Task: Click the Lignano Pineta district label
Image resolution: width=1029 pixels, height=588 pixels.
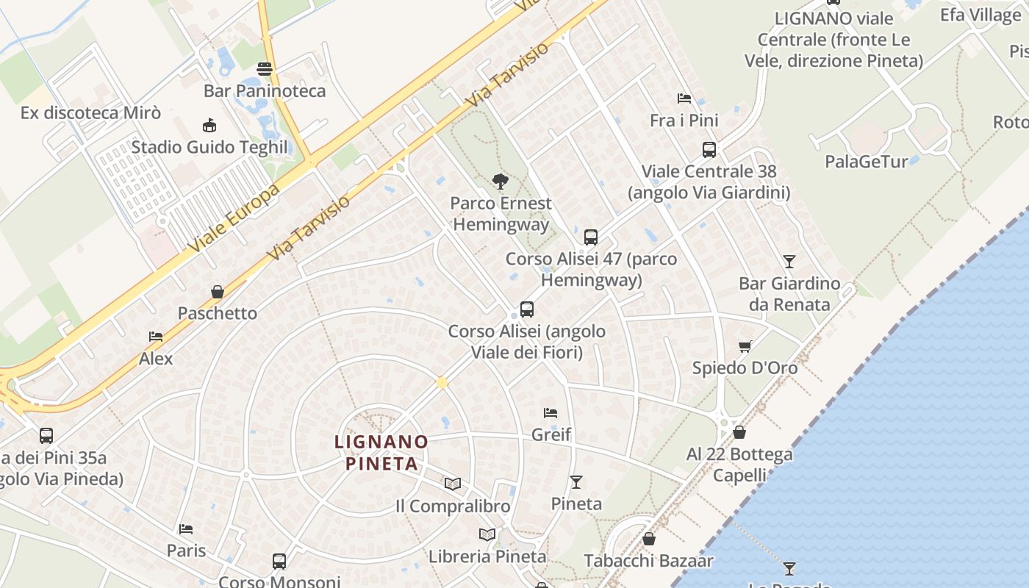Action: point(381,452)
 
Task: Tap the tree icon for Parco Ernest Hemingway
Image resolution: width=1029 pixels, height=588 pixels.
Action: point(501,181)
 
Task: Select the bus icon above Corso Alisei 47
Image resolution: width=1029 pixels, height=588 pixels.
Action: point(591,237)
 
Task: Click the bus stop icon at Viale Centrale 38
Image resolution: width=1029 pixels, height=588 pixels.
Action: point(709,150)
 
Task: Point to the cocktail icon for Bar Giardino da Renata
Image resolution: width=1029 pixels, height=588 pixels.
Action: point(789,261)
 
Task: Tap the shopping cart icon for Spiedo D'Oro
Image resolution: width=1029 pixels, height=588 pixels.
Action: point(745,346)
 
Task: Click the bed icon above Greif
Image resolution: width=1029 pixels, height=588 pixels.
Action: point(551,413)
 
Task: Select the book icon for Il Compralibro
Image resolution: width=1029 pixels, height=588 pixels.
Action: point(453,484)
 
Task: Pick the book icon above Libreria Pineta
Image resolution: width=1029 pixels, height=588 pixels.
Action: point(487,534)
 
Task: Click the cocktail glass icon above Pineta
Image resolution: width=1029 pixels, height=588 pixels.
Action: point(576,482)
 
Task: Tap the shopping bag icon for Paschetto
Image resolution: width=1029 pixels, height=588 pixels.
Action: point(218,292)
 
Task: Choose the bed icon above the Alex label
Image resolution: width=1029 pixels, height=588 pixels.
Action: point(156,337)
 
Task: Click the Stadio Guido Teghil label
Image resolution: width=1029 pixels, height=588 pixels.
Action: point(209,147)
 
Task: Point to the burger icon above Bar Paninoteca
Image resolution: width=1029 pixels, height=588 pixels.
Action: point(265,69)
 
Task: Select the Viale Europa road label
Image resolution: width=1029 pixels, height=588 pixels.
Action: point(234,218)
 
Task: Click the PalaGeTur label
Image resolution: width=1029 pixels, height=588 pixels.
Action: point(866,161)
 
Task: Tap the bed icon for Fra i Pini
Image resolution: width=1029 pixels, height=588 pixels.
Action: point(684,98)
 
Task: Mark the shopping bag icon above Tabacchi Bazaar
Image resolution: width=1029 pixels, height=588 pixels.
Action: point(648,539)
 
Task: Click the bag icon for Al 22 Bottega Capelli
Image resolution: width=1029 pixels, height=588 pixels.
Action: point(739,432)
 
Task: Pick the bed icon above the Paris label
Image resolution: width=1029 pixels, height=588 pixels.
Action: point(186,529)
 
